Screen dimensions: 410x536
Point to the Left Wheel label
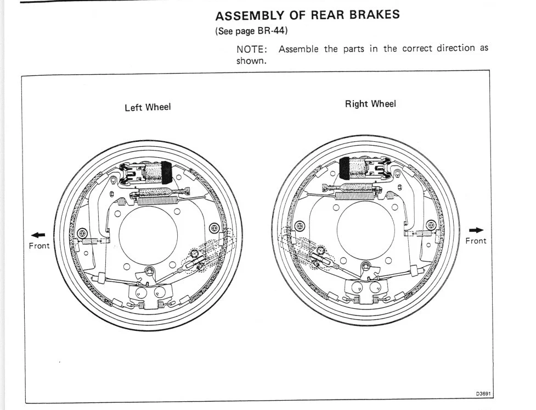[148, 107]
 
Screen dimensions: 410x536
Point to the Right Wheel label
[370, 104]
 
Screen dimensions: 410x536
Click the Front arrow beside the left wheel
[38, 235]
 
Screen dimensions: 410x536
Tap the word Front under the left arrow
[39, 246]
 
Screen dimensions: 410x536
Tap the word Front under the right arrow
[476, 241]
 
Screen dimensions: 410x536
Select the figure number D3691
[484, 394]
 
